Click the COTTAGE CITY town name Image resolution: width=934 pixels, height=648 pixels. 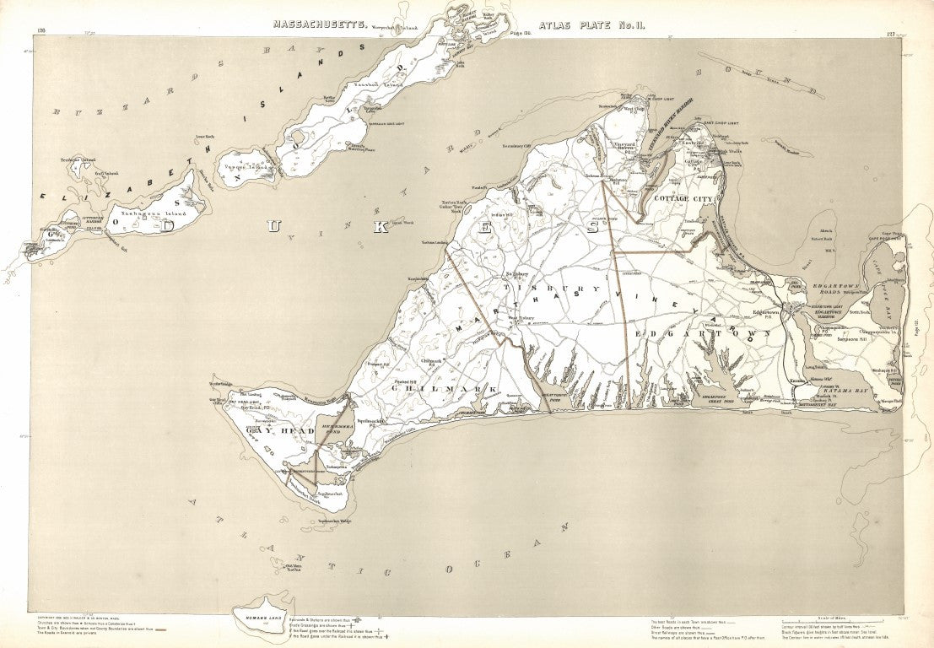[682, 197]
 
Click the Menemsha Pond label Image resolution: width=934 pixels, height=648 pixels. [335, 429]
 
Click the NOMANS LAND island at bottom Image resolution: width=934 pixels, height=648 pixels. [262, 604]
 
